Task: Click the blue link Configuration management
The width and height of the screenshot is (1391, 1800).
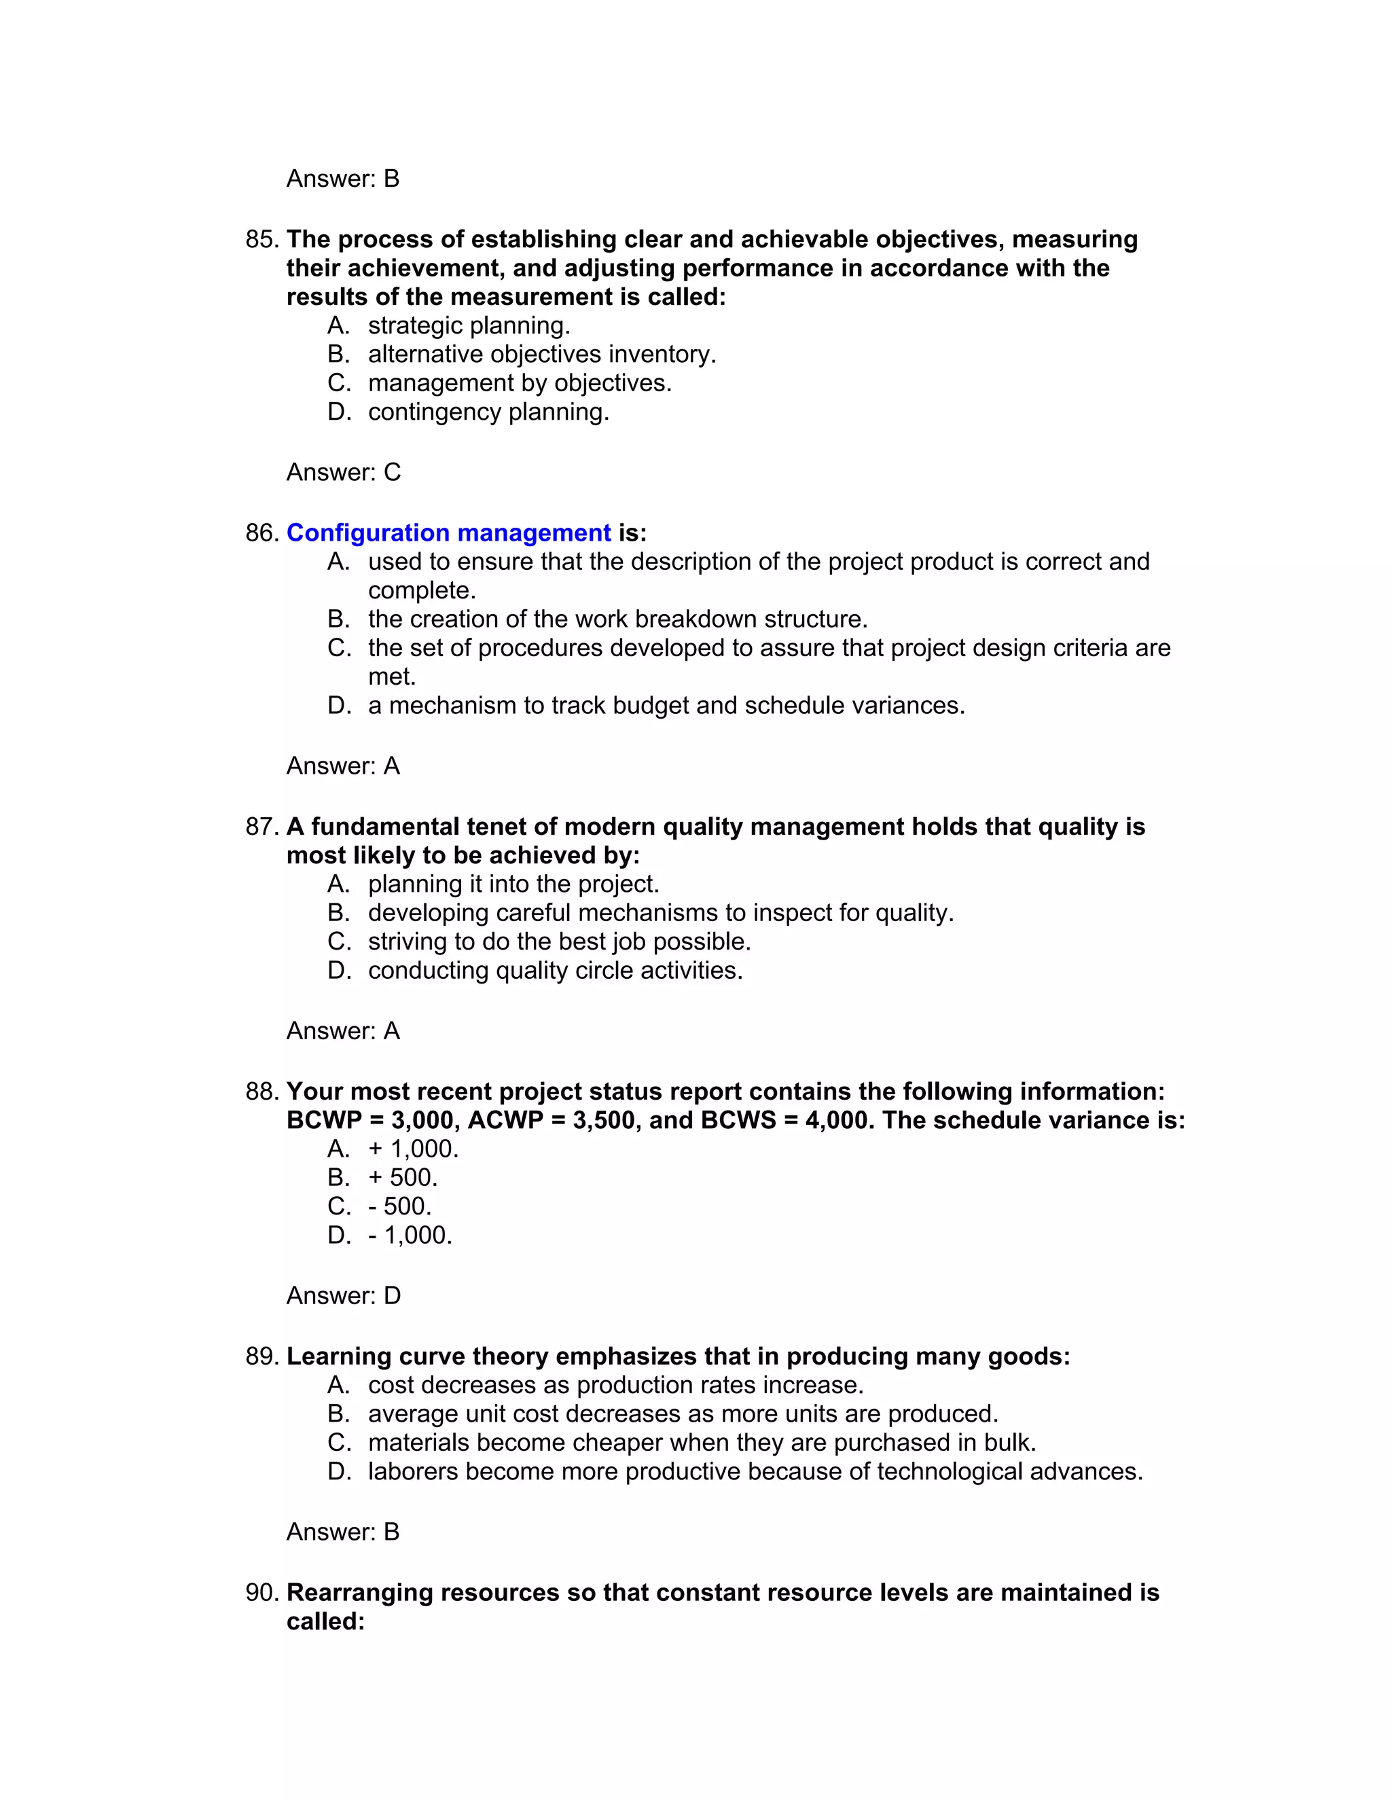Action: point(448,533)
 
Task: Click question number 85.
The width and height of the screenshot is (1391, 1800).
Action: point(263,240)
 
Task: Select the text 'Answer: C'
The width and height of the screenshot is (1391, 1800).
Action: point(343,472)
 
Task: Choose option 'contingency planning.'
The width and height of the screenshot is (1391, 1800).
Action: point(488,412)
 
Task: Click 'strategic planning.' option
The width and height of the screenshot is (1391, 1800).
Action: point(468,325)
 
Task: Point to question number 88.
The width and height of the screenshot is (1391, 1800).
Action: point(263,1092)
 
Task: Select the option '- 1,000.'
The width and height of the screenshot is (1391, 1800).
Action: point(410,1236)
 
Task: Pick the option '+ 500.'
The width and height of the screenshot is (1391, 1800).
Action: point(402,1178)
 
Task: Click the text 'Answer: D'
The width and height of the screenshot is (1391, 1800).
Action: point(343,1295)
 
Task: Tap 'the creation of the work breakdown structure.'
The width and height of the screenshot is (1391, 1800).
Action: point(617,619)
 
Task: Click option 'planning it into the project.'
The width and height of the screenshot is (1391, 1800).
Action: point(513,884)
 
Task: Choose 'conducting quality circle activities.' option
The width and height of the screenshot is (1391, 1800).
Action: point(555,971)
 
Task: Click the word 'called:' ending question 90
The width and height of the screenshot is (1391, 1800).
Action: point(325,1621)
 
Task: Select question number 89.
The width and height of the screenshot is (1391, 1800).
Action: point(263,1356)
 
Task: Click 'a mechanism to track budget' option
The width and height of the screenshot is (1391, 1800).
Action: point(666,706)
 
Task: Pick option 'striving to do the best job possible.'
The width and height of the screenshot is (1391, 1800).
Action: point(559,942)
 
